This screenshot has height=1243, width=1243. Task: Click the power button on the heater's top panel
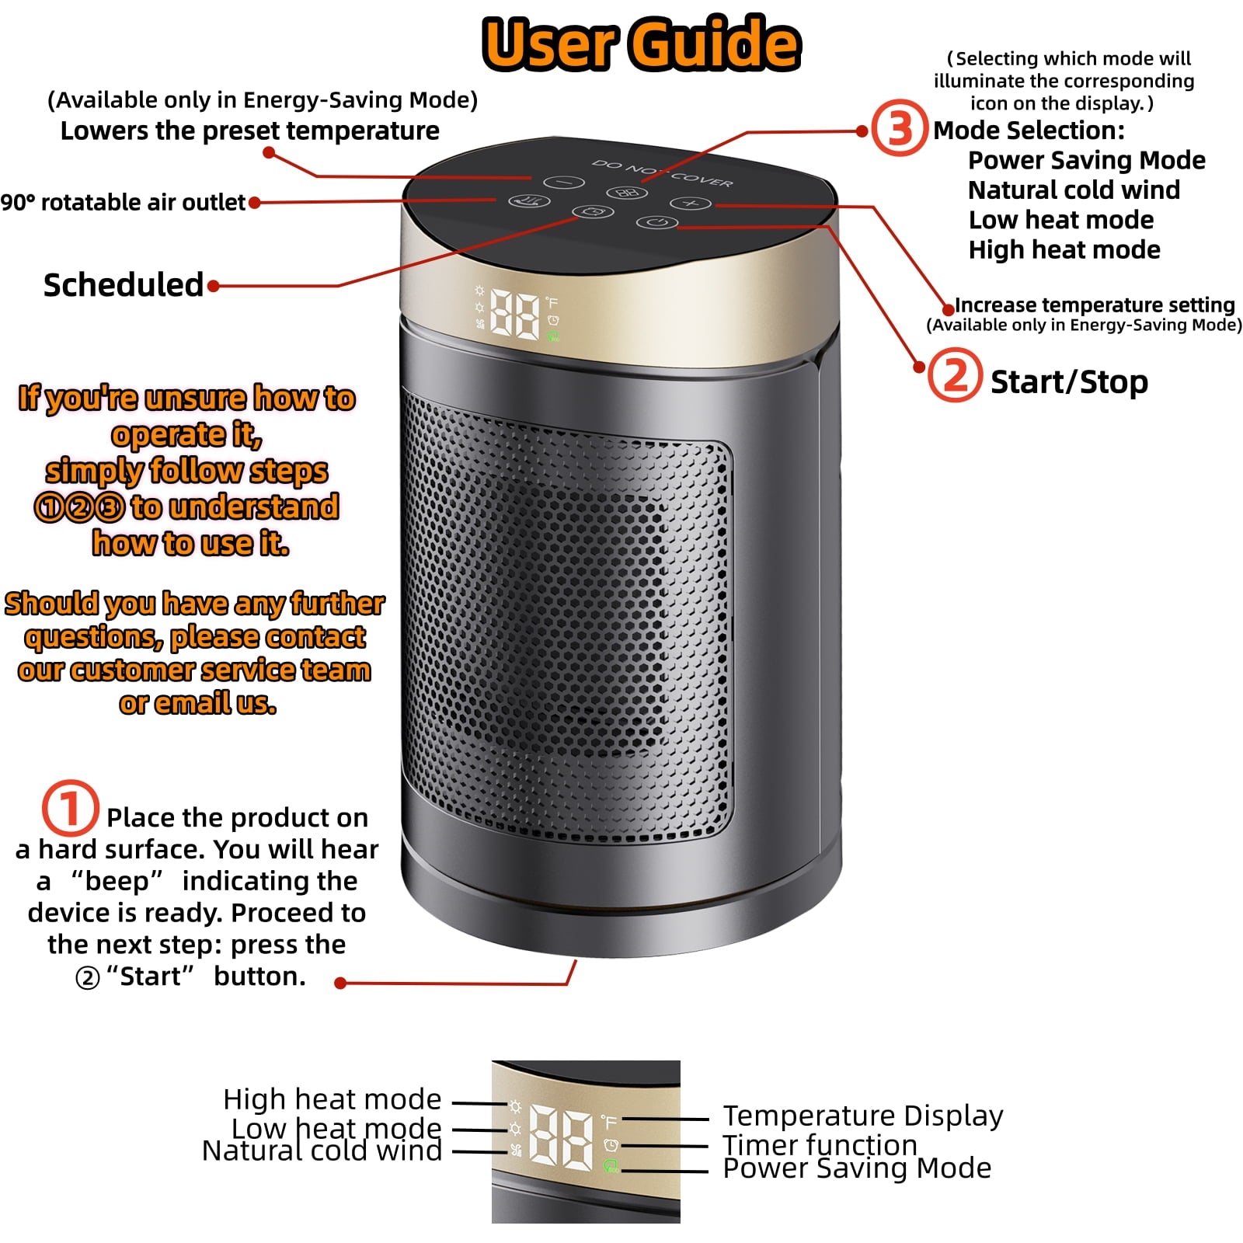pyautogui.click(x=656, y=223)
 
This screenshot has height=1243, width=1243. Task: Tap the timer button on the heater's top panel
pyautogui.click(x=593, y=212)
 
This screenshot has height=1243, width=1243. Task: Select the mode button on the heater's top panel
pyautogui.click(x=626, y=193)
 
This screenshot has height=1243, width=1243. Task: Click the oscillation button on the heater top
pyautogui.click(x=529, y=201)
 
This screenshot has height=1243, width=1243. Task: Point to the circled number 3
pyautogui.click(x=899, y=128)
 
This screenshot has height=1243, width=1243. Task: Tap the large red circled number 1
pyautogui.click(x=70, y=808)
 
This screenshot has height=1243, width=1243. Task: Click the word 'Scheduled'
pyautogui.click(x=124, y=285)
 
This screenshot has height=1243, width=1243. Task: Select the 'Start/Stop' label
pyautogui.click(x=1069, y=381)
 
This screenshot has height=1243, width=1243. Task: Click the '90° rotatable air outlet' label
pyautogui.click(x=123, y=203)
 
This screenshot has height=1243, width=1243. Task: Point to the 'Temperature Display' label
pyautogui.click(x=862, y=1116)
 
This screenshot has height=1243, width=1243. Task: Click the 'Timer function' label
pyautogui.click(x=820, y=1144)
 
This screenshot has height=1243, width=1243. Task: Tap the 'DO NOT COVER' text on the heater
pyautogui.click(x=662, y=173)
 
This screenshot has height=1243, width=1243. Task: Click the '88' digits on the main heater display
pyautogui.click(x=514, y=316)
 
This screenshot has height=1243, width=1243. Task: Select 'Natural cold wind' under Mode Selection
pyautogui.click(x=1074, y=190)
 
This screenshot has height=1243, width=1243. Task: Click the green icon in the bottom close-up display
pyautogui.click(x=611, y=1165)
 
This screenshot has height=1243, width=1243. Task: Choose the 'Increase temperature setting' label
pyautogui.click(x=1094, y=305)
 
